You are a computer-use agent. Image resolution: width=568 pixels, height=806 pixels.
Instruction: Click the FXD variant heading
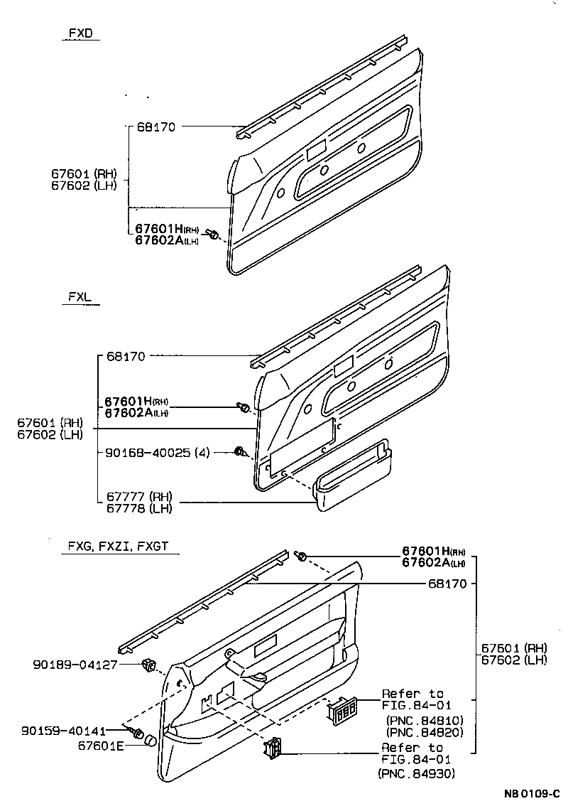coord(81,33)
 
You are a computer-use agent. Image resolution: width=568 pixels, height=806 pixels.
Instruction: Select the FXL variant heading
coord(81,299)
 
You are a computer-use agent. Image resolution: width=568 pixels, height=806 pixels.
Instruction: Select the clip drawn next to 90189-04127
coord(149,665)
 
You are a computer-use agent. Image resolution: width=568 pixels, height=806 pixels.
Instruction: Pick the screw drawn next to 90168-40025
coord(240,451)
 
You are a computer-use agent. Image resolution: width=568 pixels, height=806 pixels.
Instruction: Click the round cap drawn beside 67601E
coord(150,742)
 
